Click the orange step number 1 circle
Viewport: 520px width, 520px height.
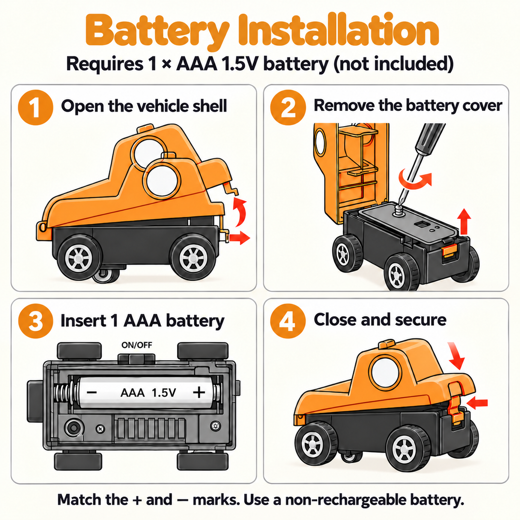click(36, 107)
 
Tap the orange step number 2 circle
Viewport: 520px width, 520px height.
click(288, 107)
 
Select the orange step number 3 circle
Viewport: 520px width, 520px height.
click(36, 321)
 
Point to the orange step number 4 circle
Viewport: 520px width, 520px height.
click(288, 321)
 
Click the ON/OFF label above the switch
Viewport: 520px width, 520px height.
click(137, 345)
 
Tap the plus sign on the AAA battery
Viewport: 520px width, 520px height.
click(199, 392)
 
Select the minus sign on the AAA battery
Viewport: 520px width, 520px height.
click(92, 393)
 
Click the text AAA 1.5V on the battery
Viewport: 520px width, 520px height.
click(148, 393)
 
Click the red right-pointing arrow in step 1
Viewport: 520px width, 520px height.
click(239, 237)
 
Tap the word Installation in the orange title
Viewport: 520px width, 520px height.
click(338, 30)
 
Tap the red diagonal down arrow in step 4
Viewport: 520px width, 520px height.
click(456, 356)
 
